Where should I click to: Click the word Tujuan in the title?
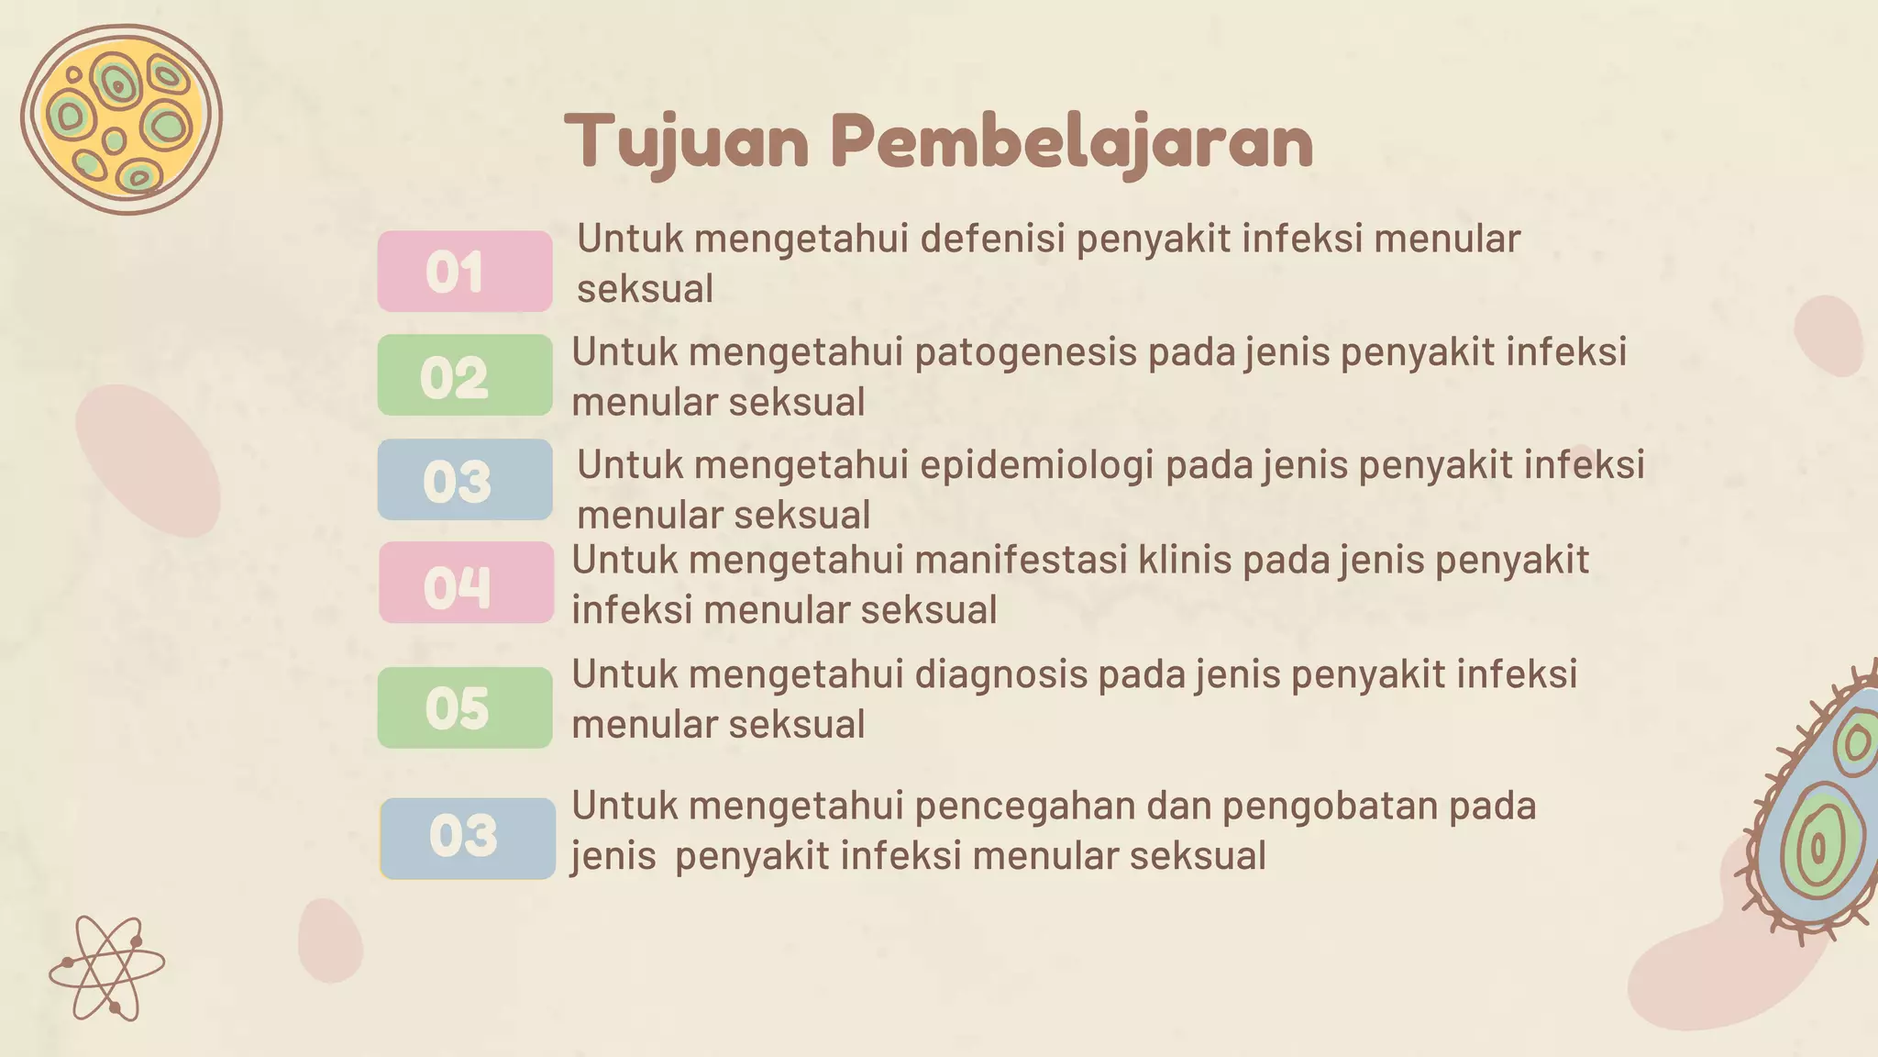[686, 142]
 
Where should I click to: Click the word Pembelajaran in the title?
[1072, 142]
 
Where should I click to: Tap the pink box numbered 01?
[465, 272]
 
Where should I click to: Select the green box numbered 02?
[465, 375]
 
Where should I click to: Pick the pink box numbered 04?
[466, 583]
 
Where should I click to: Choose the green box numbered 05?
[465, 707]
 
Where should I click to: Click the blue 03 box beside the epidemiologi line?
[465, 480]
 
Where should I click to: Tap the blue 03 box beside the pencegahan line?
[468, 839]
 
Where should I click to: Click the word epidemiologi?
[1036, 466]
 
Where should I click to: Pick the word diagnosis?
[1000, 675]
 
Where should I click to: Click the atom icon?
[106, 968]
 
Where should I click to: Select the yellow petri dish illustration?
[121, 119]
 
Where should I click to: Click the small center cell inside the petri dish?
[115, 140]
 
